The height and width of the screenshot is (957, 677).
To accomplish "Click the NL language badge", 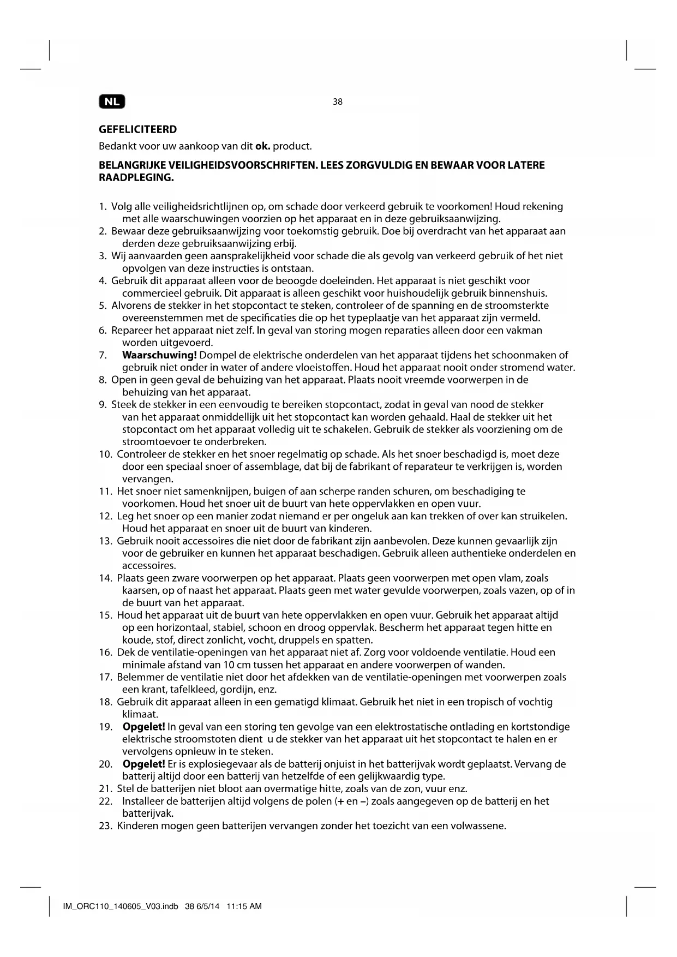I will pyautogui.click(x=112, y=101).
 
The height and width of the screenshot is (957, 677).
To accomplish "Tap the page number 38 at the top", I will pyautogui.click(x=338, y=102).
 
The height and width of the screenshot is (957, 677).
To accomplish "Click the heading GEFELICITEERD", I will pyautogui.click(x=137, y=130).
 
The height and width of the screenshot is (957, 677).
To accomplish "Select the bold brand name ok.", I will pyautogui.click(x=263, y=147).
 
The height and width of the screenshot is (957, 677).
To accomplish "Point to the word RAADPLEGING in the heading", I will pyautogui.click(x=136, y=178).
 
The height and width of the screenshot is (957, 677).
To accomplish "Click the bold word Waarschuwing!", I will pyautogui.click(x=159, y=355).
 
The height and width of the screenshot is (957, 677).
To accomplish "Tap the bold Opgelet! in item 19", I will pyautogui.click(x=144, y=727).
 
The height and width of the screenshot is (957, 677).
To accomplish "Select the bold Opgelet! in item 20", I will pyautogui.click(x=144, y=764).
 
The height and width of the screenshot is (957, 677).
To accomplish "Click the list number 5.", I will pyautogui.click(x=103, y=306).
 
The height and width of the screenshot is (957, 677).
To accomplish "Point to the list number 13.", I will pyautogui.click(x=105, y=541).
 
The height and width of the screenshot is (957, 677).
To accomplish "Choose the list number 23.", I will pyautogui.click(x=105, y=826).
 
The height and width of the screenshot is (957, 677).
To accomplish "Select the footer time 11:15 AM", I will pyautogui.click(x=244, y=906).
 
